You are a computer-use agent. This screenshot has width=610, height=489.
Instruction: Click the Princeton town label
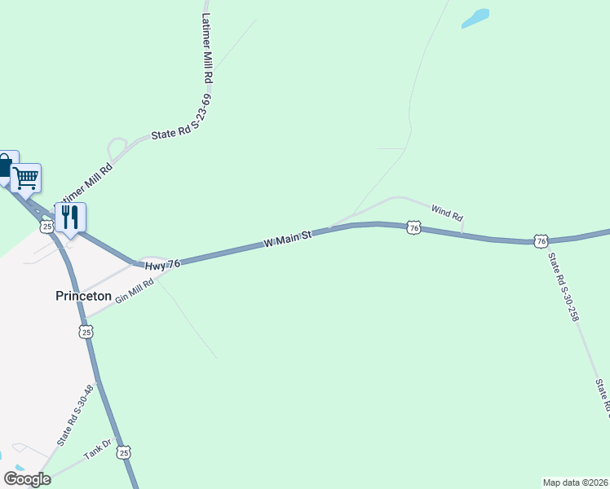(x=82, y=296)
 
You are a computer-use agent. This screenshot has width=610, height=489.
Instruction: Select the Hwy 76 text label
(x=162, y=265)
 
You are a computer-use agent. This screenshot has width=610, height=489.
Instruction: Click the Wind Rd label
(x=447, y=214)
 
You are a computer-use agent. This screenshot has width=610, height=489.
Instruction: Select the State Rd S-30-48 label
(x=76, y=416)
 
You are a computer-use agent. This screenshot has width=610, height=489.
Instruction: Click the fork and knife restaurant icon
(x=70, y=217)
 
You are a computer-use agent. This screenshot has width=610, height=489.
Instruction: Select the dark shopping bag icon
(x=5, y=166)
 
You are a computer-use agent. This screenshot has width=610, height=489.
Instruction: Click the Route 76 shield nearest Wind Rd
(x=413, y=228)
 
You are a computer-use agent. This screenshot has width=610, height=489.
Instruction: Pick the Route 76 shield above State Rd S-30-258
(x=541, y=240)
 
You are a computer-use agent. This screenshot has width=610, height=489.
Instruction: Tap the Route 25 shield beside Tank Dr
(x=123, y=452)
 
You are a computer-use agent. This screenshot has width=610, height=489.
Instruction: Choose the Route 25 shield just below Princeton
(x=86, y=332)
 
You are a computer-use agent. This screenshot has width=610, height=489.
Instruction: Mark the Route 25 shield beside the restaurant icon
(x=47, y=225)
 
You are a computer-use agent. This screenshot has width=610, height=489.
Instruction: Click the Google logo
(x=27, y=479)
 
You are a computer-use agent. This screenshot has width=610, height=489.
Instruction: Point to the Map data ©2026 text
(x=575, y=482)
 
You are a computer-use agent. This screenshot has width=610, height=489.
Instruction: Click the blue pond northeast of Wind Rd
(x=475, y=18)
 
